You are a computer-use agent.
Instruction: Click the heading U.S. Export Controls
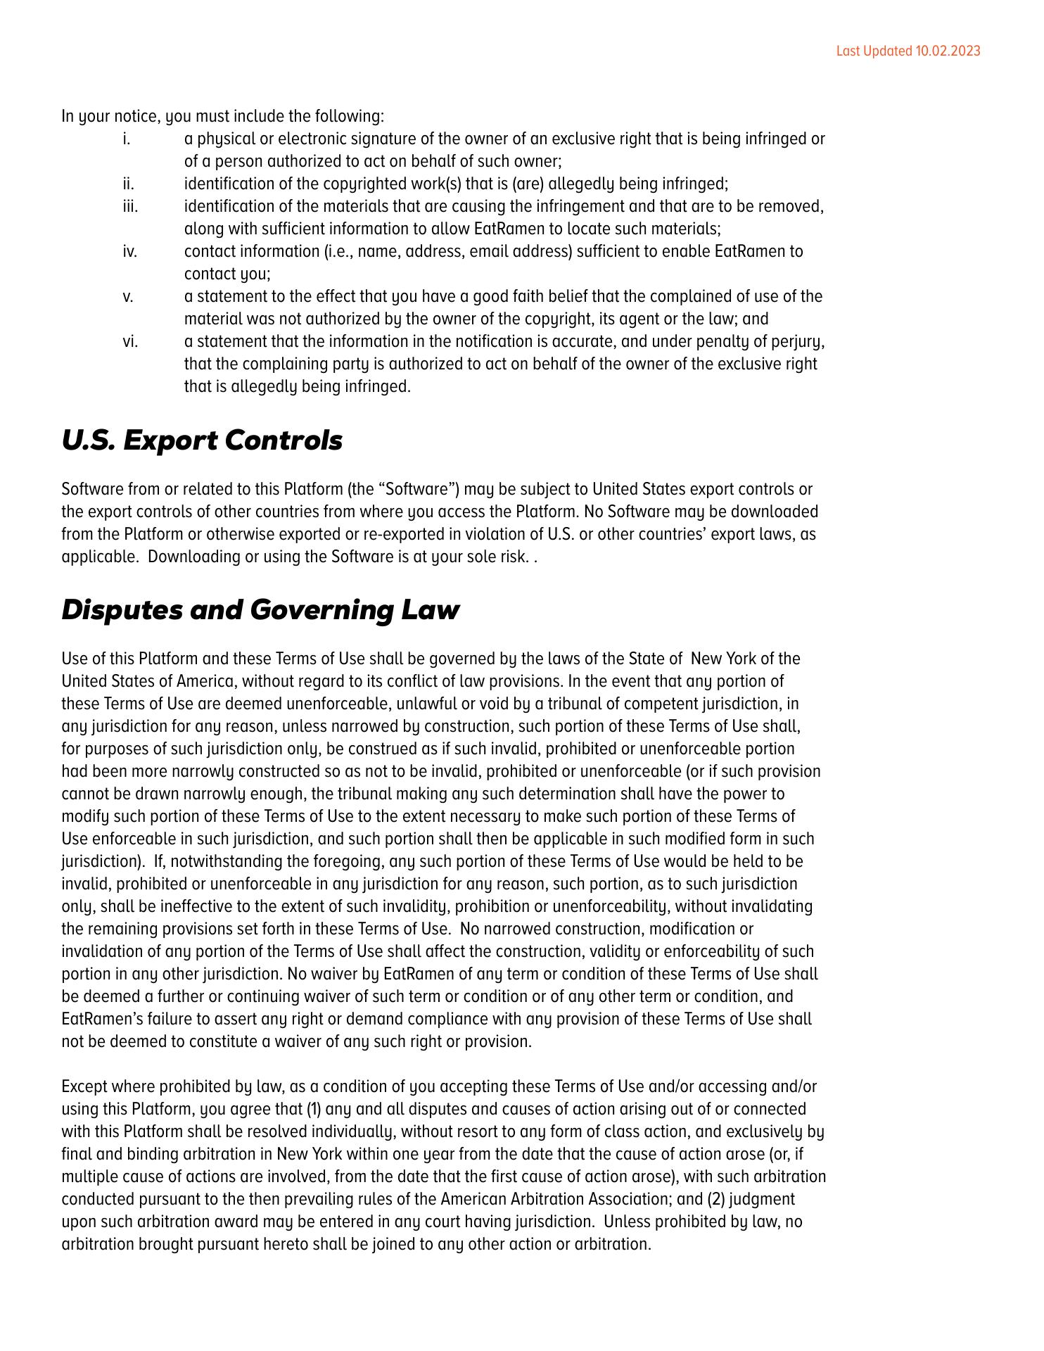click(202, 440)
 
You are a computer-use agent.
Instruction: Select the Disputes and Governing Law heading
click(260, 609)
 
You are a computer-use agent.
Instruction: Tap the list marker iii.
click(130, 207)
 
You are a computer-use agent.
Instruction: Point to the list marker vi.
click(130, 342)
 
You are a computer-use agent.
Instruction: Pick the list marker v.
click(127, 297)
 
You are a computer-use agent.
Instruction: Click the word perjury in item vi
click(797, 342)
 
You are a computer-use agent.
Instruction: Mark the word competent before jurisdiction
click(664, 704)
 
